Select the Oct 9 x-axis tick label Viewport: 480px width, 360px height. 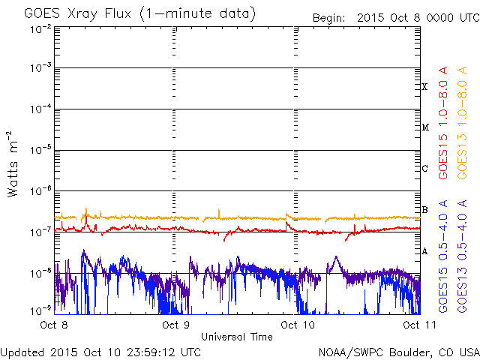pyautogui.click(x=175, y=325)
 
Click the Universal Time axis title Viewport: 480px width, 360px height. pyautogui.click(x=236, y=337)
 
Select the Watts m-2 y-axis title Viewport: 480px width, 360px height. pyautogui.click(x=13, y=164)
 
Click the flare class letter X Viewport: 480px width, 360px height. pyautogui.click(x=424, y=87)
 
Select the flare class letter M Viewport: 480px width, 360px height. pyautogui.click(x=424, y=127)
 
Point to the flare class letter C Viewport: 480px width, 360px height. pyautogui.click(x=424, y=168)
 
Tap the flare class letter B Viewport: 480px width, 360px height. pyautogui.click(x=424, y=209)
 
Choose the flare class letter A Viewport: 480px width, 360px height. pyautogui.click(x=424, y=250)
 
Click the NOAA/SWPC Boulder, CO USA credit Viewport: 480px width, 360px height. pyautogui.click(x=398, y=352)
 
